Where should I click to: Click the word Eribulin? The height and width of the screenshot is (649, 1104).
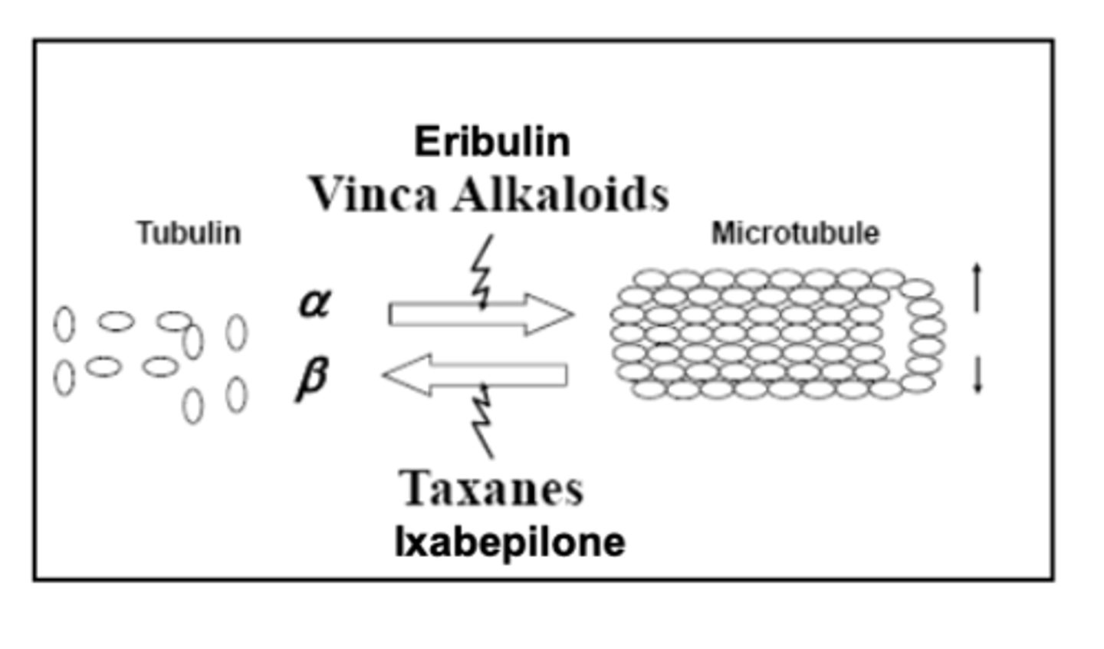[492, 141]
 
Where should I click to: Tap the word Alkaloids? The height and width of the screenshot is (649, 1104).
[561, 194]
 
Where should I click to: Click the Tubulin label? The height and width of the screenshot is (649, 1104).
[189, 232]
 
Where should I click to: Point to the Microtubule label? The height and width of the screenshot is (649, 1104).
[796, 232]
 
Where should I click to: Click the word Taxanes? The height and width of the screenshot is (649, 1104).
[491, 488]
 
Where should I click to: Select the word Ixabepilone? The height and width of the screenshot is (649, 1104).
[511, 542]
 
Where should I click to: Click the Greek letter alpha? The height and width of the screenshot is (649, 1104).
[315, 303]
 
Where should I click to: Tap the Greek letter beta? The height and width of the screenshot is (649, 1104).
[312, 379]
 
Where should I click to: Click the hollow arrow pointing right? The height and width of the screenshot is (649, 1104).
[481, 315]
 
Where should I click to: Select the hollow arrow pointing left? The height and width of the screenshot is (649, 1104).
[475, 375]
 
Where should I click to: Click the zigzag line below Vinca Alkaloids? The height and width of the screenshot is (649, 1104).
[482, 272]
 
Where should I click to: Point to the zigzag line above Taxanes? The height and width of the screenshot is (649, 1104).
[482, 421]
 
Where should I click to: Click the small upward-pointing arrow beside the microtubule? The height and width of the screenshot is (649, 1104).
[977, 288]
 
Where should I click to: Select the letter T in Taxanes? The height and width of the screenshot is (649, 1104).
[415, 487]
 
